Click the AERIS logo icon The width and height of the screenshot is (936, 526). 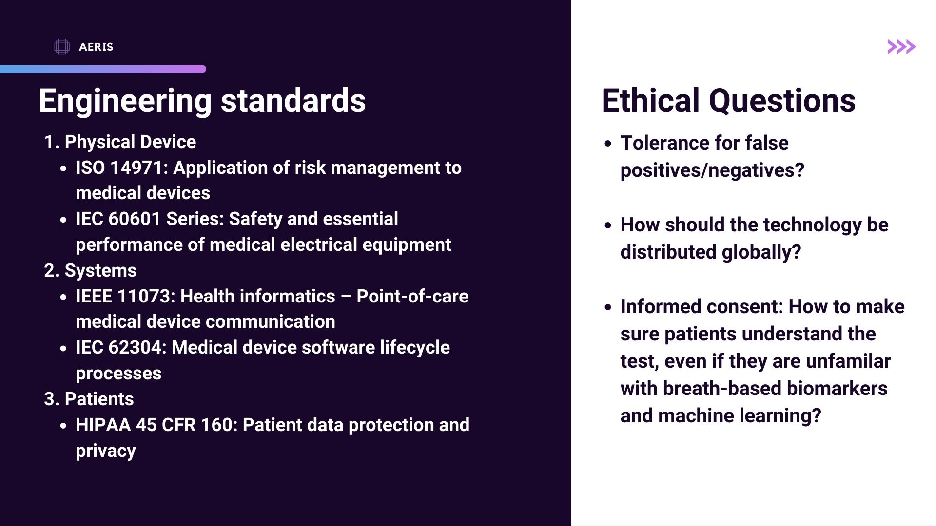click(x=62, y=47)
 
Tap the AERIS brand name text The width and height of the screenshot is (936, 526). click(x=96, y=47)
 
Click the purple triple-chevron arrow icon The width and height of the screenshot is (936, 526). click(x=901, y=47)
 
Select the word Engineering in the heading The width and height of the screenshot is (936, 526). click(x=125, y=101)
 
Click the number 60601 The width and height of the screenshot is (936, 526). click(x=135, y=219)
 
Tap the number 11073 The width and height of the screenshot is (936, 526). click(x=146, y=296)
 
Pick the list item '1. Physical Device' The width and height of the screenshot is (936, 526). click(x=120, y=142)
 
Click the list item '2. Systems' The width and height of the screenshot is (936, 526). click(x=91, y=271)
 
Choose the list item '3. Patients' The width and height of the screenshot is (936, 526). click(x=89, y=399)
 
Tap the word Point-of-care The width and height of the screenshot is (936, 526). click(x=412, y=296)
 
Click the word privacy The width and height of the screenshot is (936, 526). click(x=106, y=451)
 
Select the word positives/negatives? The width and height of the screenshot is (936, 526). click(x=712, y=170)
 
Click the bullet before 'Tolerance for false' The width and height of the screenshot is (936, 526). click(x=608, y=144)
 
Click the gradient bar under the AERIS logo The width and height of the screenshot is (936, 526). click(x=103, y=69)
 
